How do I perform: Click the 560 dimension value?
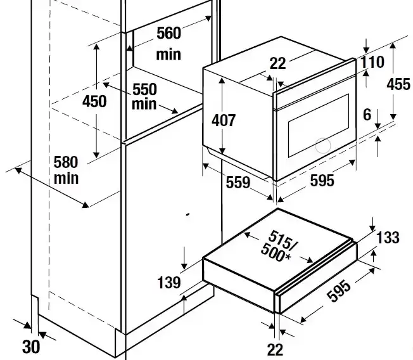tap(168, 33)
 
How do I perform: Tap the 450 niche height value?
tap(94, 102)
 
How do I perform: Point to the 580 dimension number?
tap(67, 163)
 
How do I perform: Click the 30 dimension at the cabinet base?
tap(30, 347)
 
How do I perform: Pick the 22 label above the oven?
tap(277, 63)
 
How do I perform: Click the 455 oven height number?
tap(398, 84)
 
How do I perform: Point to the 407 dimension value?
tap(224, 119)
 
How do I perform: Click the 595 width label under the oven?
tap(322, 181)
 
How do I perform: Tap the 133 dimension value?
tap(387, 238)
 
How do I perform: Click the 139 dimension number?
tap(168, 282)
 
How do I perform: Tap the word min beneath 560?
tap(168, 55)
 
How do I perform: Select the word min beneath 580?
tap(67, 178)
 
